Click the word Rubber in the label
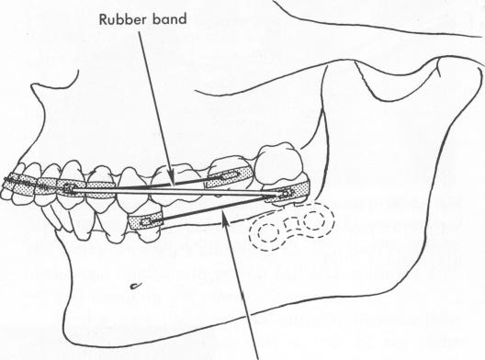(115, 42)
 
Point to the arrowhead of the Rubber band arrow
(167, 175)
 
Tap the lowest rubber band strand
(220, 209)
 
